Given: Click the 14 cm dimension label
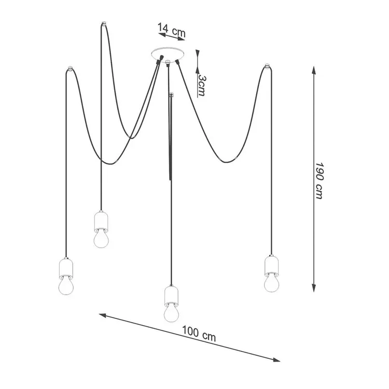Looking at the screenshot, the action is [172, 30].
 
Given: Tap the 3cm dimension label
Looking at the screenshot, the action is [201, 86].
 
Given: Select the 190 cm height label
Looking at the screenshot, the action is [319, 180].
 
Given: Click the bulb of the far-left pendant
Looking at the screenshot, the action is [66, 286].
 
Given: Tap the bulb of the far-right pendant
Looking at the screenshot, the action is [271, 283].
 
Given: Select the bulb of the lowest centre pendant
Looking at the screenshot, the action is [172, 313].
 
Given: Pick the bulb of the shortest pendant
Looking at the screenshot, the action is [101, 239].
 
